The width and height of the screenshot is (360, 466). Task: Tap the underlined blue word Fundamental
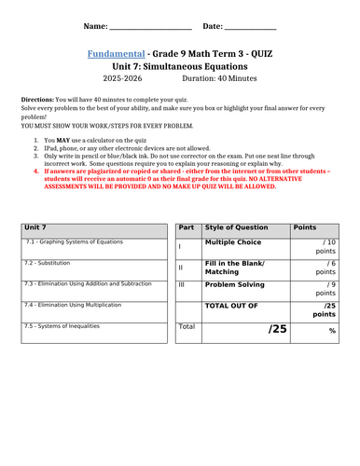(x=118, y=54)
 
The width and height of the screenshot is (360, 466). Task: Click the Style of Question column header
(x=234, y=227)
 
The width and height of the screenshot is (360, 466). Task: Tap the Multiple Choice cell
(x=233, y=241)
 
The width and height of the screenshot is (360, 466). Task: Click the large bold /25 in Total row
(x=279, y=328)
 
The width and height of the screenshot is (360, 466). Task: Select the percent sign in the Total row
(x=331, y=331)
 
